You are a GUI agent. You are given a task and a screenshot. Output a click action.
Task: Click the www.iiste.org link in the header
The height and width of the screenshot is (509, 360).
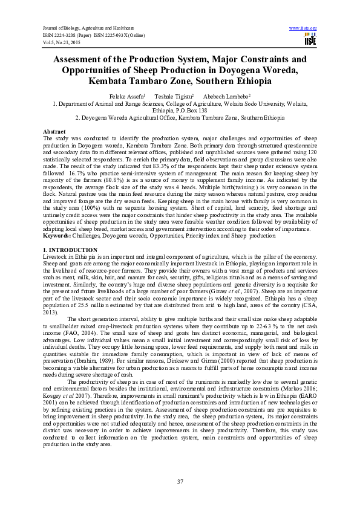click(304, 28)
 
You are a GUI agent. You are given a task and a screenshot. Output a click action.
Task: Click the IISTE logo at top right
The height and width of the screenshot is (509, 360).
click(310, 39)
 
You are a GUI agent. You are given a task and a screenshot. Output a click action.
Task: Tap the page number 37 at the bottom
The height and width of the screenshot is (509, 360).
click(180, 481)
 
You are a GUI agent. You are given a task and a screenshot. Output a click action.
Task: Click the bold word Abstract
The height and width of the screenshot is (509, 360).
click(54, 131)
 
